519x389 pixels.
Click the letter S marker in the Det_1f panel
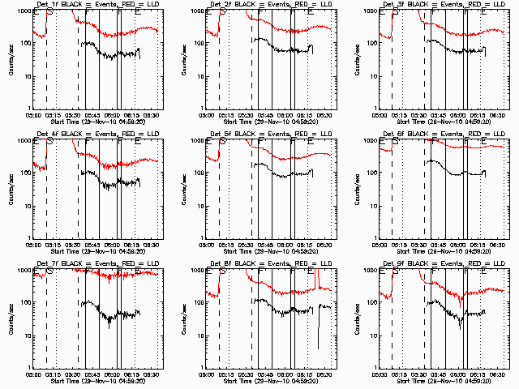52,14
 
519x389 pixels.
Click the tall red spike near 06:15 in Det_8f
317,280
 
